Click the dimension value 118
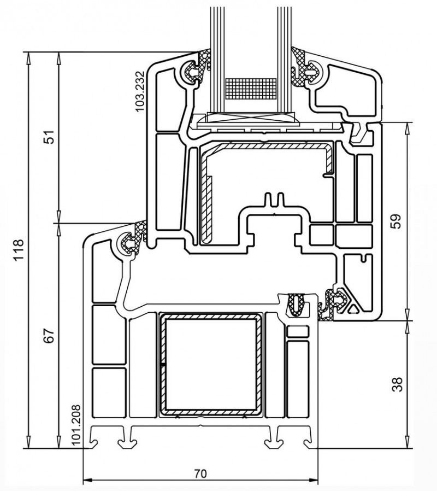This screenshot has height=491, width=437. tap(19, 250)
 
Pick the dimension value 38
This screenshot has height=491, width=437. tap(397, 384)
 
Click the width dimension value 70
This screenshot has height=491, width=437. tap(200, 474)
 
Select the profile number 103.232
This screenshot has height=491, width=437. tap(140, 91)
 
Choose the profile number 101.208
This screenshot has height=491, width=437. tap(76, 425)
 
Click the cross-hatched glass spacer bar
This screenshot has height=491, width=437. tap(251, 89)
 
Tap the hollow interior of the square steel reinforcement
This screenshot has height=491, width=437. tap(211, 364)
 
